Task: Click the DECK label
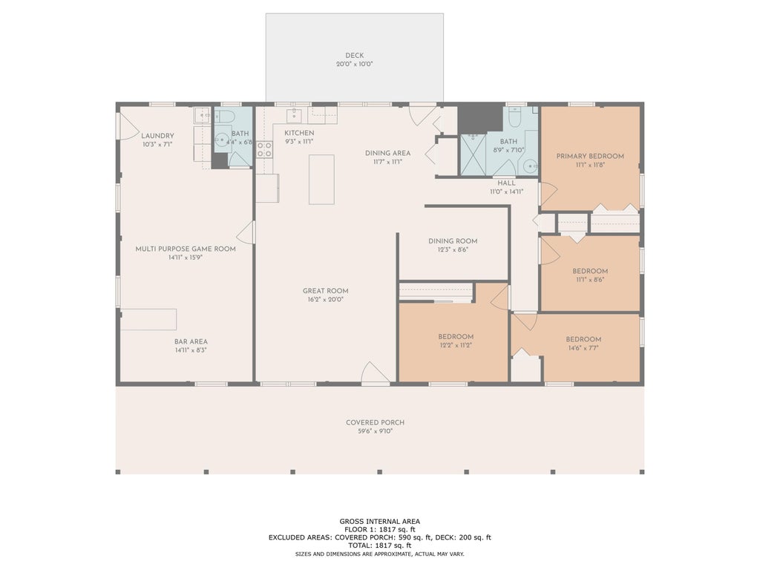pyautogui.click(x=354, y=55)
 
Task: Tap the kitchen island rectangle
pyautogui.click(x=321, y=180)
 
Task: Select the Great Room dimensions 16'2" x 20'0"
pyautogui.click(x=325, y=300)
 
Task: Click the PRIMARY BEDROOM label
pyautogui.click(x=590, y=156)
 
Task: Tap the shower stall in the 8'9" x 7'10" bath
pyautogui.click(x=473, y=154)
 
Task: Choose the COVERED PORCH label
pyautogui.click(x=375, y=422)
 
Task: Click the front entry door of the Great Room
pyautogui.click(x=375, y=374)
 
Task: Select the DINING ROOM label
pyautogui.click(x=453, y=241)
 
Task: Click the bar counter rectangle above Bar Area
pyautogui.click(x=148, y=319)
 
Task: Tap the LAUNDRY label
pyautogui.click(x=157, y=136)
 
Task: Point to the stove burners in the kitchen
pyautogui.click(x=264, y=149)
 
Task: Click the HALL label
pyautogui.click(x=506, y=183)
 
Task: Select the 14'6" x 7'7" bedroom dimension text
pyautogui.click(x=583, y=348)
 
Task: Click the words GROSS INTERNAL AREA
pyautogui.click(x=379, y=522)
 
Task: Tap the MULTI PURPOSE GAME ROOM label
pyautogui.click(x=186, y=249)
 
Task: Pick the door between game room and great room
pyautogui.click(x=246, y=232)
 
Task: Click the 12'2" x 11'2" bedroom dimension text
pyautogui.click(x=456, y=345)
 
